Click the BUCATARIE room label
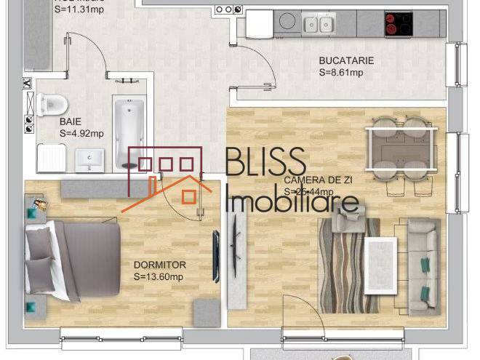click(x=346, y=61)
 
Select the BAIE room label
click(x=71, y=121)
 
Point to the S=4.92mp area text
click(x=81, y=133)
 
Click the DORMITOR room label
click(x=160, y=265)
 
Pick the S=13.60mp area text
click(x=158, y=276)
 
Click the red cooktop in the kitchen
click(x=399, y=25)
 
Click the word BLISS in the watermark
click(x=265, y=163)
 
